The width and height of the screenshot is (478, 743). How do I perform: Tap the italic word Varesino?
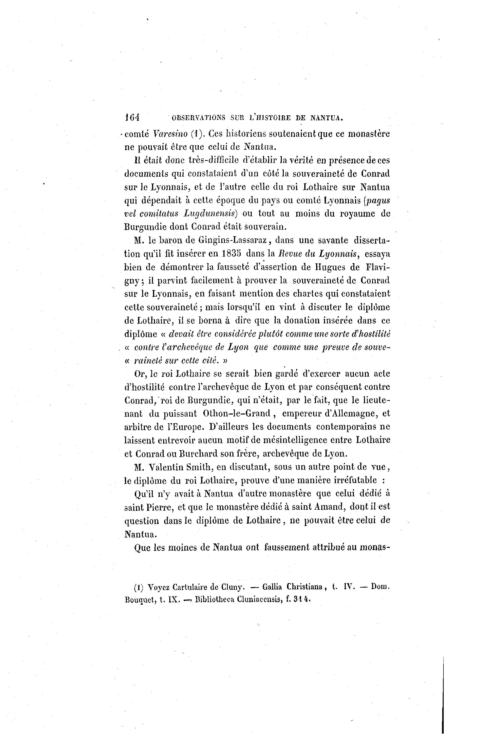click(x=171, y=134)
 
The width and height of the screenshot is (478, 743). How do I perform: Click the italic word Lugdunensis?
click(x=210, y=214)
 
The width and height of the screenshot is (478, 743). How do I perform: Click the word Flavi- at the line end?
click(x=378, y=267)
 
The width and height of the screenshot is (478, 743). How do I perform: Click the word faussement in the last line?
click(x=287, y=547)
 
